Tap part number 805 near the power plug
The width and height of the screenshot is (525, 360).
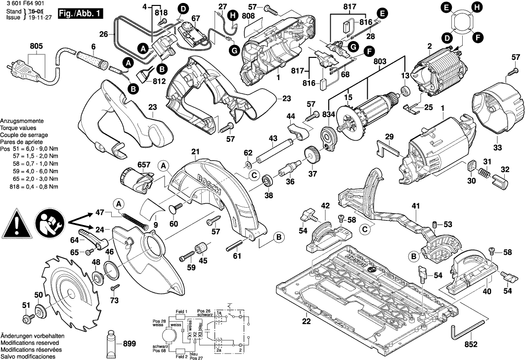pos(36,46)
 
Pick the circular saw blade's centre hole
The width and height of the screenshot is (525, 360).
pos(72,296)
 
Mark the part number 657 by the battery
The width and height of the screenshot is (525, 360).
pos(131,164)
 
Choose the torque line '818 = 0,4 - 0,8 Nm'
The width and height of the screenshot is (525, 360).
pos(34,187)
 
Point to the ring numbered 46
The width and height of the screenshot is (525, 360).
pos(112,270)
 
